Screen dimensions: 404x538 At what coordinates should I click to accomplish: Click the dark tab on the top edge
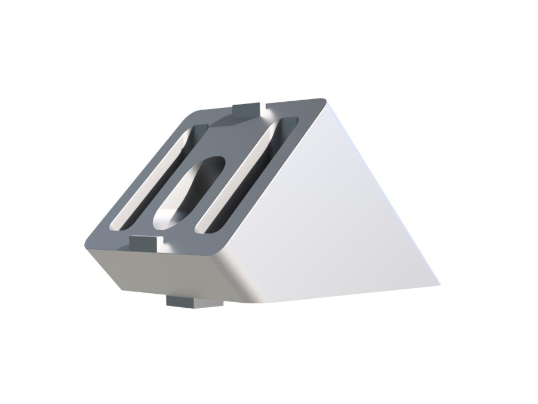pos(246,110)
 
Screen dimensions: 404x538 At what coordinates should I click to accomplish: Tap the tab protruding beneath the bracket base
pos(193,302)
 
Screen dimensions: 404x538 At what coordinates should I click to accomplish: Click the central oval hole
pos(189,192)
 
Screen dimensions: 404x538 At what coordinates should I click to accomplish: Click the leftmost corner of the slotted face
pos(87,245)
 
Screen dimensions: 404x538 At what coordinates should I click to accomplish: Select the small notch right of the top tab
pos(265,106)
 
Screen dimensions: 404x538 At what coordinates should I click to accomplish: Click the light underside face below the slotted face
pos(167,273)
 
